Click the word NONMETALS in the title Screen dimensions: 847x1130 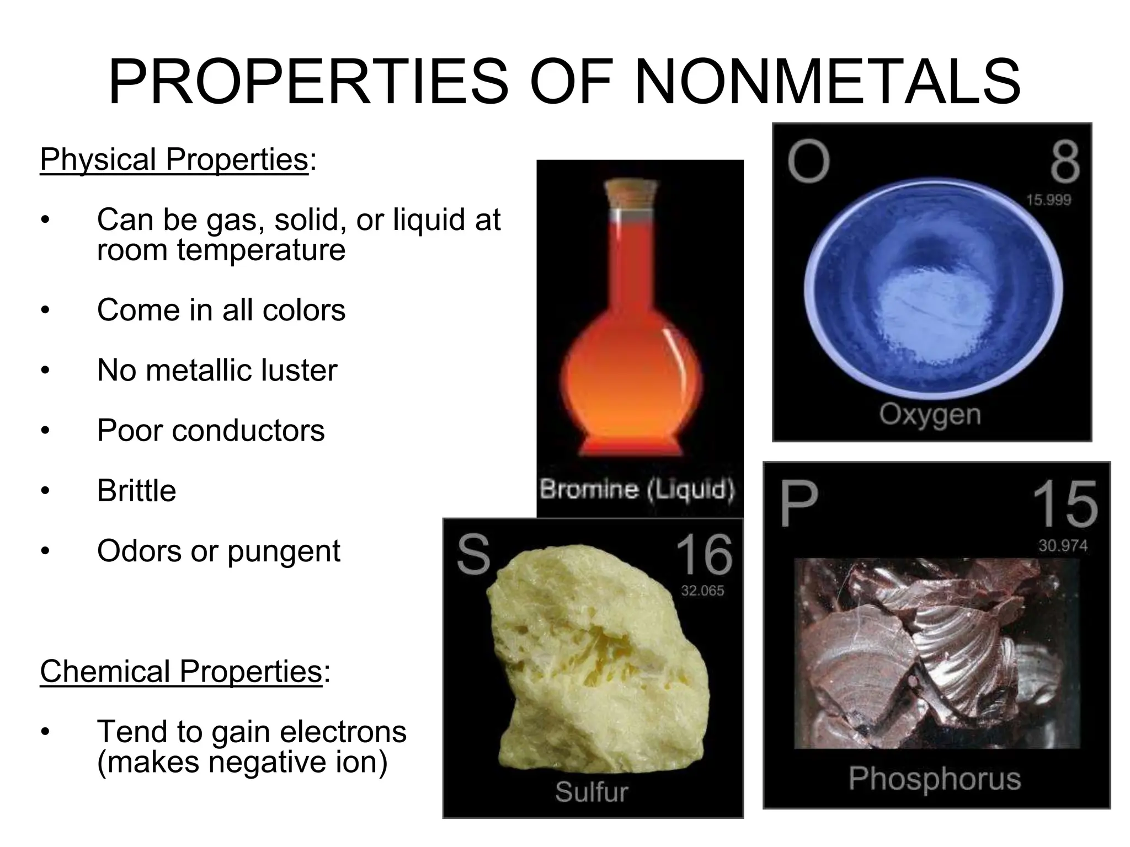coord(827,83)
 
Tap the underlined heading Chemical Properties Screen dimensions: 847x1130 coord(181,671)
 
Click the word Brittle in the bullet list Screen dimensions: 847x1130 coord(136,490)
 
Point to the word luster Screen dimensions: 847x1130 coord(299,370)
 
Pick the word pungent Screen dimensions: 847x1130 coord(284,551)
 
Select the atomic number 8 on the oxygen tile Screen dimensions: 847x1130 coord(1064,162)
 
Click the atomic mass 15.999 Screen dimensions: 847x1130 coord(1048,200)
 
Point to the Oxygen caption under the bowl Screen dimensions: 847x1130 coord(930,414)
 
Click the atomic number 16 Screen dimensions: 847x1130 coord(704,555)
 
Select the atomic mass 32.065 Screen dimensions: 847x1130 coord(702,591)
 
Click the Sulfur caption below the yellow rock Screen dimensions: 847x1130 coord(591,792)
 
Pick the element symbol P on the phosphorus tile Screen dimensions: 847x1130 coord(798,504)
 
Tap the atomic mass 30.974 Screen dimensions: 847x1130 coord(1063,546)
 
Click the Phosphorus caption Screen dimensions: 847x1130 coord(935,779)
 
